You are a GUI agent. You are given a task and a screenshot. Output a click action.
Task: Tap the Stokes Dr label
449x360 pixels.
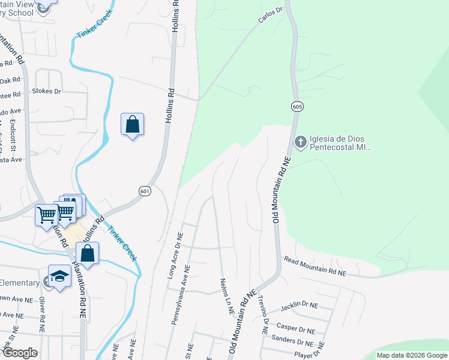(46, 92)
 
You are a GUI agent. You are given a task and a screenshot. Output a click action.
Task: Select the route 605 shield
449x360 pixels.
(298, 106)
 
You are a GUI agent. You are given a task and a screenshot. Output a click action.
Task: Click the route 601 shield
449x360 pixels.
(145, 191)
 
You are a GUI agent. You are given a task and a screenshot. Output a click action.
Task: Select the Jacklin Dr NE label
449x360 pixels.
(299, 306)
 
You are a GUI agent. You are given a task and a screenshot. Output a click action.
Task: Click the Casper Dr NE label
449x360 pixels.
(296, 329)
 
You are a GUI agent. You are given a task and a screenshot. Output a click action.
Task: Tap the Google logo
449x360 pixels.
(20, 353)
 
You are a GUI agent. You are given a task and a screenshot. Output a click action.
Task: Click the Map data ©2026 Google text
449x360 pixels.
(411, 355)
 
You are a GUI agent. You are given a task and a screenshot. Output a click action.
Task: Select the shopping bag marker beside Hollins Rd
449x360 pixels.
(132, 125)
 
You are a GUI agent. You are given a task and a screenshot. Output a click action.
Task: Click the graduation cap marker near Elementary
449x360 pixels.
(59, 277)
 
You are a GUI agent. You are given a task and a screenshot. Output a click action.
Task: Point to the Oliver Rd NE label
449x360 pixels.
(42, 314)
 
